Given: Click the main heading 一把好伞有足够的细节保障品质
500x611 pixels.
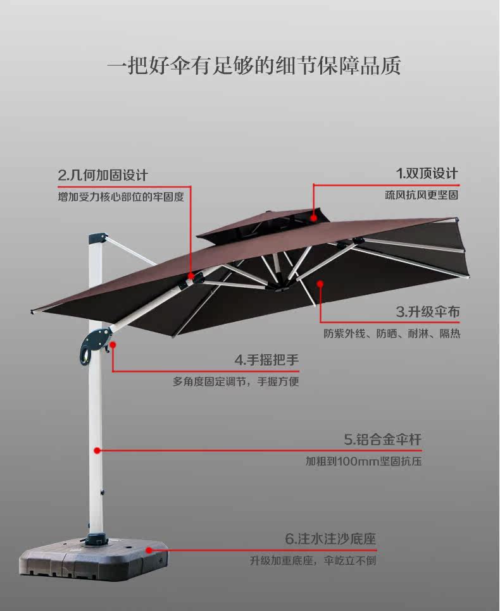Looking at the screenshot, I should point(253,66).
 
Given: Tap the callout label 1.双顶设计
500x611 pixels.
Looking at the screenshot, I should point(427,173).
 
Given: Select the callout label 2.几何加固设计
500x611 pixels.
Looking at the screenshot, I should point(103,175).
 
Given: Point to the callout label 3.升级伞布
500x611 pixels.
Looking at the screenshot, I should point(428,311).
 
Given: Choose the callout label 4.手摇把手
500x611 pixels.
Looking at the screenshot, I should point(266,361).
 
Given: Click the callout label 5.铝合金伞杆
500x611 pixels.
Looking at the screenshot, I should point(382,439).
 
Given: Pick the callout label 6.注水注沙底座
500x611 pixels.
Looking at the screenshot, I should point(330,540).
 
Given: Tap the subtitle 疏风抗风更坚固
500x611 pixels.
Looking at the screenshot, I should point(421,195).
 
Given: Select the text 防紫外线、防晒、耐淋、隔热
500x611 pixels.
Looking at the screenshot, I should point(392,333).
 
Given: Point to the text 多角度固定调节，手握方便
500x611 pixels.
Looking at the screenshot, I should point(235,381).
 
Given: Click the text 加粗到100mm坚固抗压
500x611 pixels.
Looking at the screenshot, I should point(363,461).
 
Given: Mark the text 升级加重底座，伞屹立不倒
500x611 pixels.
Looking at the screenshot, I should point(313,560).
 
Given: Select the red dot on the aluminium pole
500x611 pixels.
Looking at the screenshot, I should point(97,450).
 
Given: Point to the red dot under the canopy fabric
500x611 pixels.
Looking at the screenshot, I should point(320,284).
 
